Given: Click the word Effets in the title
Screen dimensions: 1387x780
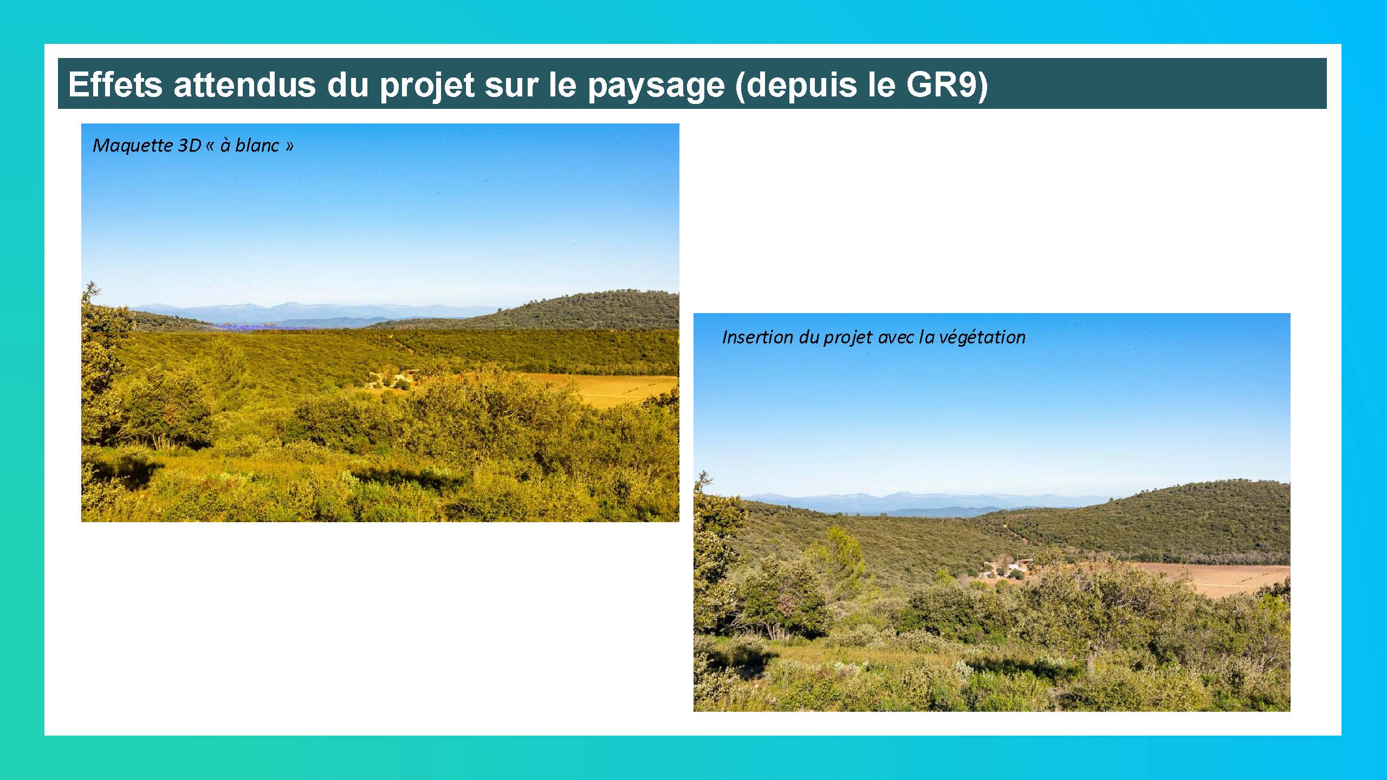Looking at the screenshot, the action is point(115,84).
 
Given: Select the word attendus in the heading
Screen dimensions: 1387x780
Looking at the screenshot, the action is point(244,84).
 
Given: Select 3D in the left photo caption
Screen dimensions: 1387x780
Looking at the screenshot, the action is point(189,145).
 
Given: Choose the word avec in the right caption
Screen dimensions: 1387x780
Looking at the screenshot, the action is point(896,337).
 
